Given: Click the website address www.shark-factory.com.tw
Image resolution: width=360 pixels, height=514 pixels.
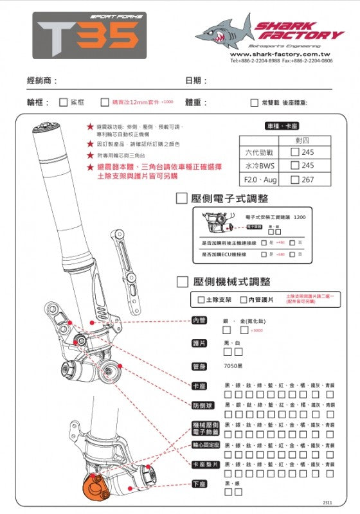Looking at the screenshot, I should click(x=281, y=55).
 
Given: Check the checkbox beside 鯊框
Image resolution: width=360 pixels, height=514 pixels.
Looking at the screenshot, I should click(x=63, y=102).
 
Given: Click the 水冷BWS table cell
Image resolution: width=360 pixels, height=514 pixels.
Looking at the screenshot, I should click(x=260, y=166).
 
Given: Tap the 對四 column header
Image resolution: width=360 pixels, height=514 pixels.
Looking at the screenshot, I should click(x=302, y=139).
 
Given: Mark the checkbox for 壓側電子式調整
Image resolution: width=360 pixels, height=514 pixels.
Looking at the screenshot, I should click(x=181, y=199).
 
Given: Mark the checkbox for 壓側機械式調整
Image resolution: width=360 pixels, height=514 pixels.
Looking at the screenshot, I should click(x=181, y=281).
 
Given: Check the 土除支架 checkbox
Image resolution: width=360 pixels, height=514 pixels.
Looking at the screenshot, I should click(x=201, y=300).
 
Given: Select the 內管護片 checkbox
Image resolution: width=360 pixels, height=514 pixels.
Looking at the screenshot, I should click(x=243, y=300).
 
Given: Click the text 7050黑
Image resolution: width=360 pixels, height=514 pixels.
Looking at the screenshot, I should click(x=233, y=366).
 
